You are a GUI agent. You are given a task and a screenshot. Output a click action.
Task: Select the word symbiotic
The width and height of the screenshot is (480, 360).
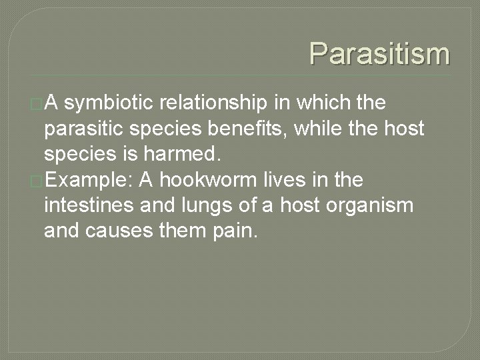click(111, 104)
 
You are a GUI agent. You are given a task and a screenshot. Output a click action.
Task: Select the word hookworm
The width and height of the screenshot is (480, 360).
click(216, 180)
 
